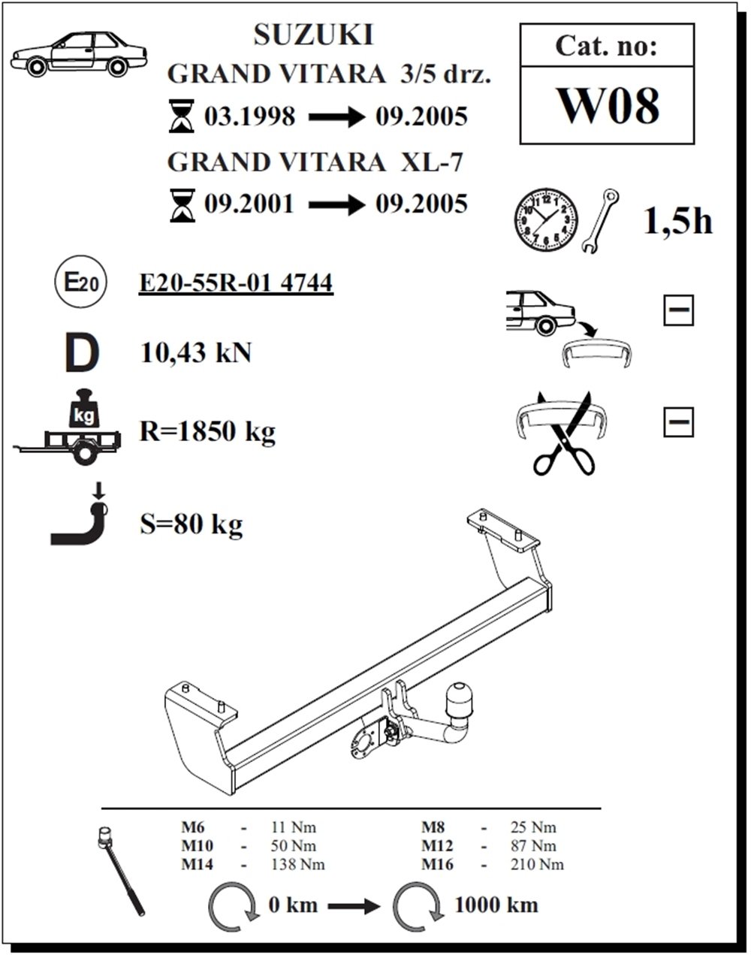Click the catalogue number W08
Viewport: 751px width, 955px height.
pyautogui.click(x=608, y=106)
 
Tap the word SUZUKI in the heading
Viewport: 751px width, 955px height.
pyautogui.click(x=314, y=35)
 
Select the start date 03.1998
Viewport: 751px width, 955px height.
pyautogui.click(x=250, y=116)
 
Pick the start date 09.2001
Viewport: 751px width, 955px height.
pyautogui.click(x=249, y=204)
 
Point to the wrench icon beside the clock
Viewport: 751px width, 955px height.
pyautogui.click(x=600, y=221)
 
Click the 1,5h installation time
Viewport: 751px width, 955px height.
pyautogui.click(x=677, y=221)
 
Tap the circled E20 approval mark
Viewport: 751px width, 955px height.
pyautogui.click(x=81, y=282)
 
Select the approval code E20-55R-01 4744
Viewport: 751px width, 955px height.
pyautogui.click(x=236, y=283)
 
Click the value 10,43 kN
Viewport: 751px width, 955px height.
pyautogui.click(x=195, y=353)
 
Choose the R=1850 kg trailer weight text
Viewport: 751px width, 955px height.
pyautogui.click(x=207, y=431)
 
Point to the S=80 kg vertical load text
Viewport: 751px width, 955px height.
pyautogui.click(x=192, y=524)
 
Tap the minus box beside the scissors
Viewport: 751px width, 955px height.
pyautogui.click(x=678, y=422)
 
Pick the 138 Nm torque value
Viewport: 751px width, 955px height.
pyautogui.click(x=297, y=865)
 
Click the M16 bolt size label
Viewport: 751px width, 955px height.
pyautogui.click(x=437, y=865)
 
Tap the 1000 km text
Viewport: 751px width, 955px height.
pyautogui.click(x=496, y=905)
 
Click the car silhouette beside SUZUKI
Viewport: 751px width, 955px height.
pyautogui.click(x=79, y=53)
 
